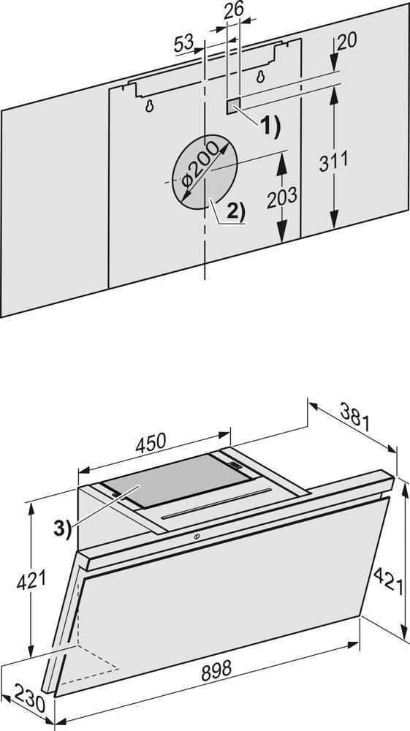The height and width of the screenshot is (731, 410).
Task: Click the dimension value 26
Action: pyautogui.click(x=233, y=11)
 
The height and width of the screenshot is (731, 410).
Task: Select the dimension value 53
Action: pyautogui.click(x=183, y=44)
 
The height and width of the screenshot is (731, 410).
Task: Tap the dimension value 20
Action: pyautogui.click(x=346, y=42)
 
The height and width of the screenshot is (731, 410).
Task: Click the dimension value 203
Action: pyautogui.click(x=282, y=197)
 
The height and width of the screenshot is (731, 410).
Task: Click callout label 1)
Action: pyautogui.click(x=270, y=126)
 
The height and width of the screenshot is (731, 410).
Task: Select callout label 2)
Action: pyautogui.click(x=236, y=212)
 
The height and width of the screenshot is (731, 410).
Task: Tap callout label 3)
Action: pyautogui.click(x=62, y=529)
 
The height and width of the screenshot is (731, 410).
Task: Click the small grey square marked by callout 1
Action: pyautogui.click(x=233, y=106)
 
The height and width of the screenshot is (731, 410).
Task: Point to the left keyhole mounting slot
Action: pyautogui.click(x=149, y=106)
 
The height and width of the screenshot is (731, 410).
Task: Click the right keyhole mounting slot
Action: pyautogui.click(x=260, y=77)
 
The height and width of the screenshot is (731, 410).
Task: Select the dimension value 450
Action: pyautogui.click(x=151, y=443)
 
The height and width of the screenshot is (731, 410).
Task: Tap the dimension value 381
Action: pyautogui.click(x=354, y=417)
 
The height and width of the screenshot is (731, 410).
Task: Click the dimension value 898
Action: pyautogui.click(x=216, y=670)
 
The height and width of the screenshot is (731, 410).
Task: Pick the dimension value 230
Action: pyautogui.click(x=29, y=698)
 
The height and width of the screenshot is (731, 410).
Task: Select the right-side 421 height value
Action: pyautogui.click(x=388, y=580)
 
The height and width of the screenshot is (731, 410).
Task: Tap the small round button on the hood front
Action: pyautogui.click(x=197, y=537)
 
